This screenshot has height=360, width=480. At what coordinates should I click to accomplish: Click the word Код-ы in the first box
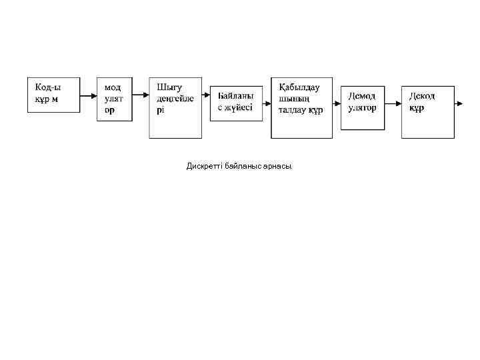[48, 87]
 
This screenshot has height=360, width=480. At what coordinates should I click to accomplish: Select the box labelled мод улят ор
[114, 98]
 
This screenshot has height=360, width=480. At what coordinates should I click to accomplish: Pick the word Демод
[361, 96]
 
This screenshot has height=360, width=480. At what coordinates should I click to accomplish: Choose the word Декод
[422, 96]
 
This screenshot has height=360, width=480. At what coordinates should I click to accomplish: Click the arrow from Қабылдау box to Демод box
[337, 103]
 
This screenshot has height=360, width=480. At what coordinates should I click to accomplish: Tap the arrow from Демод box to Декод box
[393, 103]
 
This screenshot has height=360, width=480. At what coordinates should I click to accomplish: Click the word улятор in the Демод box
[362, 107]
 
